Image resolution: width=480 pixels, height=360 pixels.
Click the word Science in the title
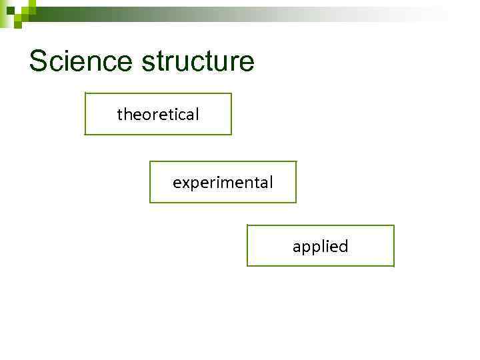[x=80, y=61]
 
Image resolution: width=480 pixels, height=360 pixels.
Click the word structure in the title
[x=198, y=61]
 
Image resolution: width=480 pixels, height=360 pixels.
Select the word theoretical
[x=158, y=115]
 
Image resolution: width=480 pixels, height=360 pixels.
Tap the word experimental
[x=223, y=182]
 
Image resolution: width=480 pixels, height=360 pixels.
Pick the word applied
[x=320, y=247]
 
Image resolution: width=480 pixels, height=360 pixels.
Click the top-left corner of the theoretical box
[x=85, y=93]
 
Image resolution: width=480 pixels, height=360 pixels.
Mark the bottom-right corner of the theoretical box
[x=231, y=135]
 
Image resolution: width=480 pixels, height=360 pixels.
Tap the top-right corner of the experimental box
[x=296, y=161]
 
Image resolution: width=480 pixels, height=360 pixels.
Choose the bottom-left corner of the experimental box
[x=150, y=202]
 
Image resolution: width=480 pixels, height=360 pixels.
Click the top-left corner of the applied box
[x=247, y=225]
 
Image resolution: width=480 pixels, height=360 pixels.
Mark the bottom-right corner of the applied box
[x=394, y=266]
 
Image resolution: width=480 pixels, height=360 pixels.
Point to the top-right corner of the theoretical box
[x=231, y=93]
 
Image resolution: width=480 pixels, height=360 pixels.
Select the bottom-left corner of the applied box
[x=247, y=266]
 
